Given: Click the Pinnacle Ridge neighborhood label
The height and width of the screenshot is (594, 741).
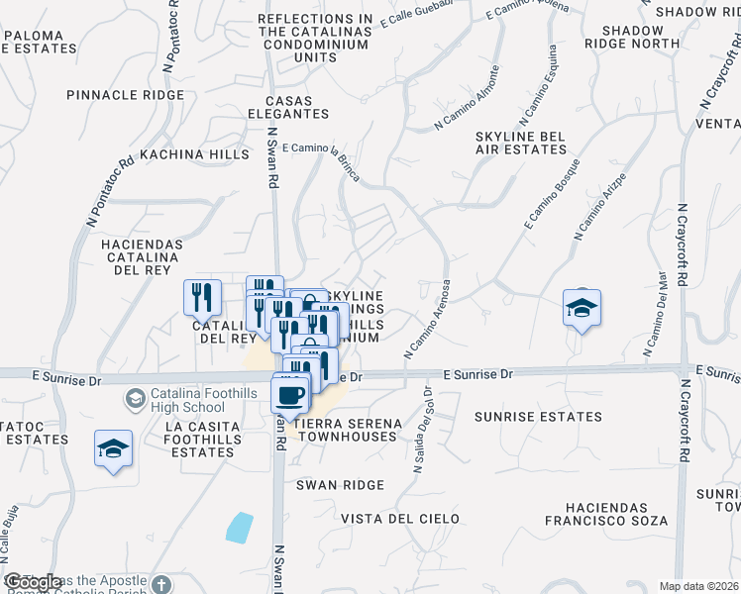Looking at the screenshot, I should tap(126, 95).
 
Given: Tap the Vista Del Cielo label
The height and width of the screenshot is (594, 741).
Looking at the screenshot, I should tap(400, 519).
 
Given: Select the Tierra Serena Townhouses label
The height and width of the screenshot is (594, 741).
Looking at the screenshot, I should tap(348, 430).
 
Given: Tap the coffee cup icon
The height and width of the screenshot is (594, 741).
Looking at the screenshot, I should tap(289, 395).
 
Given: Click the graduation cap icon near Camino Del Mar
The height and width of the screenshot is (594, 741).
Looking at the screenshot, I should tap(582, 307).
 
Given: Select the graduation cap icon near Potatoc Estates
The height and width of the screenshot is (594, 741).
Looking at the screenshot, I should tap(114, 447).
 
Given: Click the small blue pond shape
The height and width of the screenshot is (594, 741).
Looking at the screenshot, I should tap(239, 527).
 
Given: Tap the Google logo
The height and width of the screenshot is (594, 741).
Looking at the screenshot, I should tap(32, 583).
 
